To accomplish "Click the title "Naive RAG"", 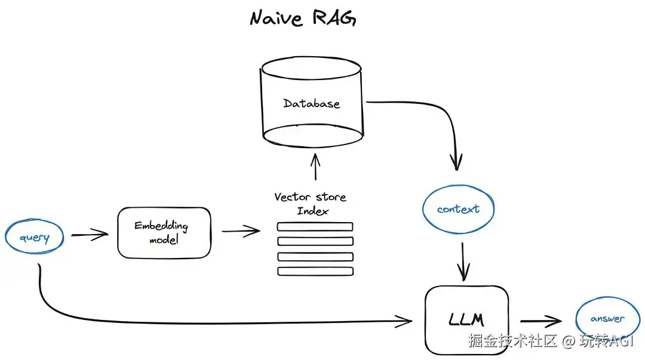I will click(x=303, y=19).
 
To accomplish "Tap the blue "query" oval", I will click(x=35, y=238).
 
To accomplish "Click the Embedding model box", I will click(x=164, y=233).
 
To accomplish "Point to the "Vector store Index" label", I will click(x=311, y=204).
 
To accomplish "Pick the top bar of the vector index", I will click(x=315, y=227).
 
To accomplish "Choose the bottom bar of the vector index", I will click(x=315, y=271).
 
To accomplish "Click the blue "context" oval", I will click(x=458, y=210).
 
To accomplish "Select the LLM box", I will click(x=466, y=319).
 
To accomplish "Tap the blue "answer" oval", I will click(x=607, y=319).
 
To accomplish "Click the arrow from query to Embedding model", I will click(x=90, y=235).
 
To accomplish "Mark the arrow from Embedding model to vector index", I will click(x=240, y=231).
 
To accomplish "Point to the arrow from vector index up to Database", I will click(x=315, y=167).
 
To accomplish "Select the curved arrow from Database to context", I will click(x=442, y=119).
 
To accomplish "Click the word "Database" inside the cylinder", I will click(x=311, y=103).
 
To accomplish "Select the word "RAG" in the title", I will click(x=334, y=19).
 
